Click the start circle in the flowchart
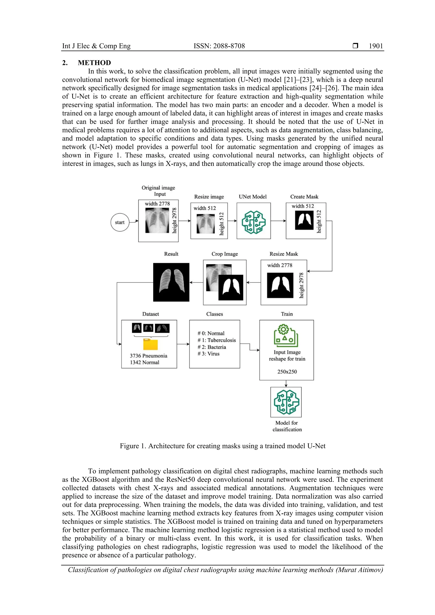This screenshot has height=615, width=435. [120, 222]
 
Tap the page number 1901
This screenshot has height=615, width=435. [376, 46]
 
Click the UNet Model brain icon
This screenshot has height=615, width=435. [254, 222]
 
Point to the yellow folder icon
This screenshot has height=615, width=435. [150, 345]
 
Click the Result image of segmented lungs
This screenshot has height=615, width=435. [171, 282]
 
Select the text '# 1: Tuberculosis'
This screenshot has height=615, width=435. [217, 340]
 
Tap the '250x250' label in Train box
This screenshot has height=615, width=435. [287, 372]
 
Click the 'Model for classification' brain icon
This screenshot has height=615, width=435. [286, 402]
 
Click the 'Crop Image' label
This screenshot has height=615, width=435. [225, 254]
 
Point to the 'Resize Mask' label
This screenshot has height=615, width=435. [284, 254]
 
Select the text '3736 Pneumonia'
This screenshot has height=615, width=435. [148, 356]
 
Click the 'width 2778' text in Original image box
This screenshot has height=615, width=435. [157, 204]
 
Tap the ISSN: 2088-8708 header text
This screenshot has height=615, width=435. [219, 46]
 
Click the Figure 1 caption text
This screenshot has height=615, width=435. [222, 446]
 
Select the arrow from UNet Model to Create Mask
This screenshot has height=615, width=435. [278, 221]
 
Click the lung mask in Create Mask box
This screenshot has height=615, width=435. [304, 220]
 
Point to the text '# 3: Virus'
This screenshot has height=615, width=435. [209, 354]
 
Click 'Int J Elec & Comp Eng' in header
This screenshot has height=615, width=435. [96, 46]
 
